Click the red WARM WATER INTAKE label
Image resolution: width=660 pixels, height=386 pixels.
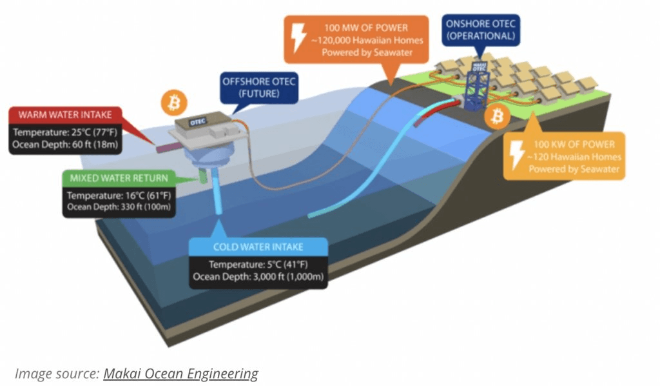coord(65,116)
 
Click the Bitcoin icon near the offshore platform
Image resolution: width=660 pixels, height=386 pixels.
coord(174,103)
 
